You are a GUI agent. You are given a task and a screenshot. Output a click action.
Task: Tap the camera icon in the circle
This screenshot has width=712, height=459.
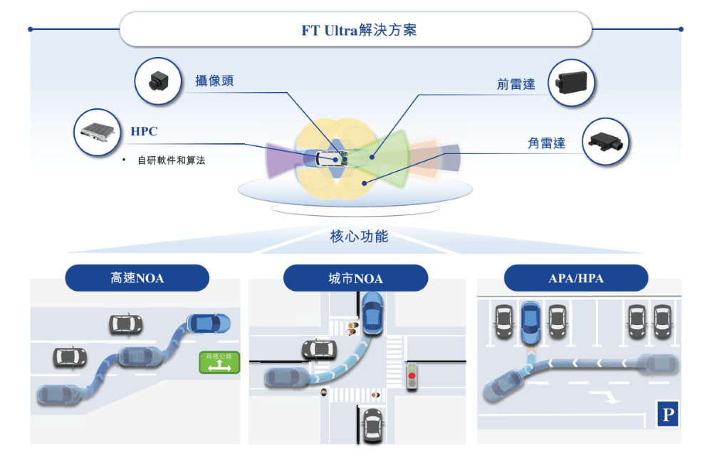coord(157,81)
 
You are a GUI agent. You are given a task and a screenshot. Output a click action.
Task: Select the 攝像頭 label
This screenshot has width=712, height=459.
coord(214,81)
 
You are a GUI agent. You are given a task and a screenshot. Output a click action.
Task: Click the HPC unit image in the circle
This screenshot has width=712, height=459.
coord(97,132)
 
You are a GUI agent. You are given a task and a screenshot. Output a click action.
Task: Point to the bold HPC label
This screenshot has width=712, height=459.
coord(144,132)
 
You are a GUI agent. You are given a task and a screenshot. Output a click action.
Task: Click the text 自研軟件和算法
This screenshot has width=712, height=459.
coord(171,160)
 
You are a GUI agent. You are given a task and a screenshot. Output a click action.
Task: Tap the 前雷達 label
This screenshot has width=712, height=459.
coord(516,83)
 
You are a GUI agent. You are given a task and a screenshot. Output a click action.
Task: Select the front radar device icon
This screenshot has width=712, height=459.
coord(572,83)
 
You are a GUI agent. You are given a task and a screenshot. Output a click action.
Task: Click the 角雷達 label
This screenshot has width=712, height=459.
coord(547,143)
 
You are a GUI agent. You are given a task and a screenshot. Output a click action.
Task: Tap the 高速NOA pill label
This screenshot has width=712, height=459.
coord(137,278)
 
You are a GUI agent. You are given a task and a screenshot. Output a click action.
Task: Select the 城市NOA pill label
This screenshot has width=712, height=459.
coord(355,278)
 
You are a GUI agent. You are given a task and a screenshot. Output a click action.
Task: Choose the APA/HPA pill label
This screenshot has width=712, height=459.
coord(576,278)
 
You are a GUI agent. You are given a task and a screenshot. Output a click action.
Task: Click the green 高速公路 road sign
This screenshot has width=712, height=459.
coord(219,362)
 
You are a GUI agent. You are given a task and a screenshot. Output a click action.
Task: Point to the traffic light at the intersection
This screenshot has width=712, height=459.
coord(411,376)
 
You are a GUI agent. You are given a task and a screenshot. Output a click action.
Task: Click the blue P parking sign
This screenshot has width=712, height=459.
coord(667,414)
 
